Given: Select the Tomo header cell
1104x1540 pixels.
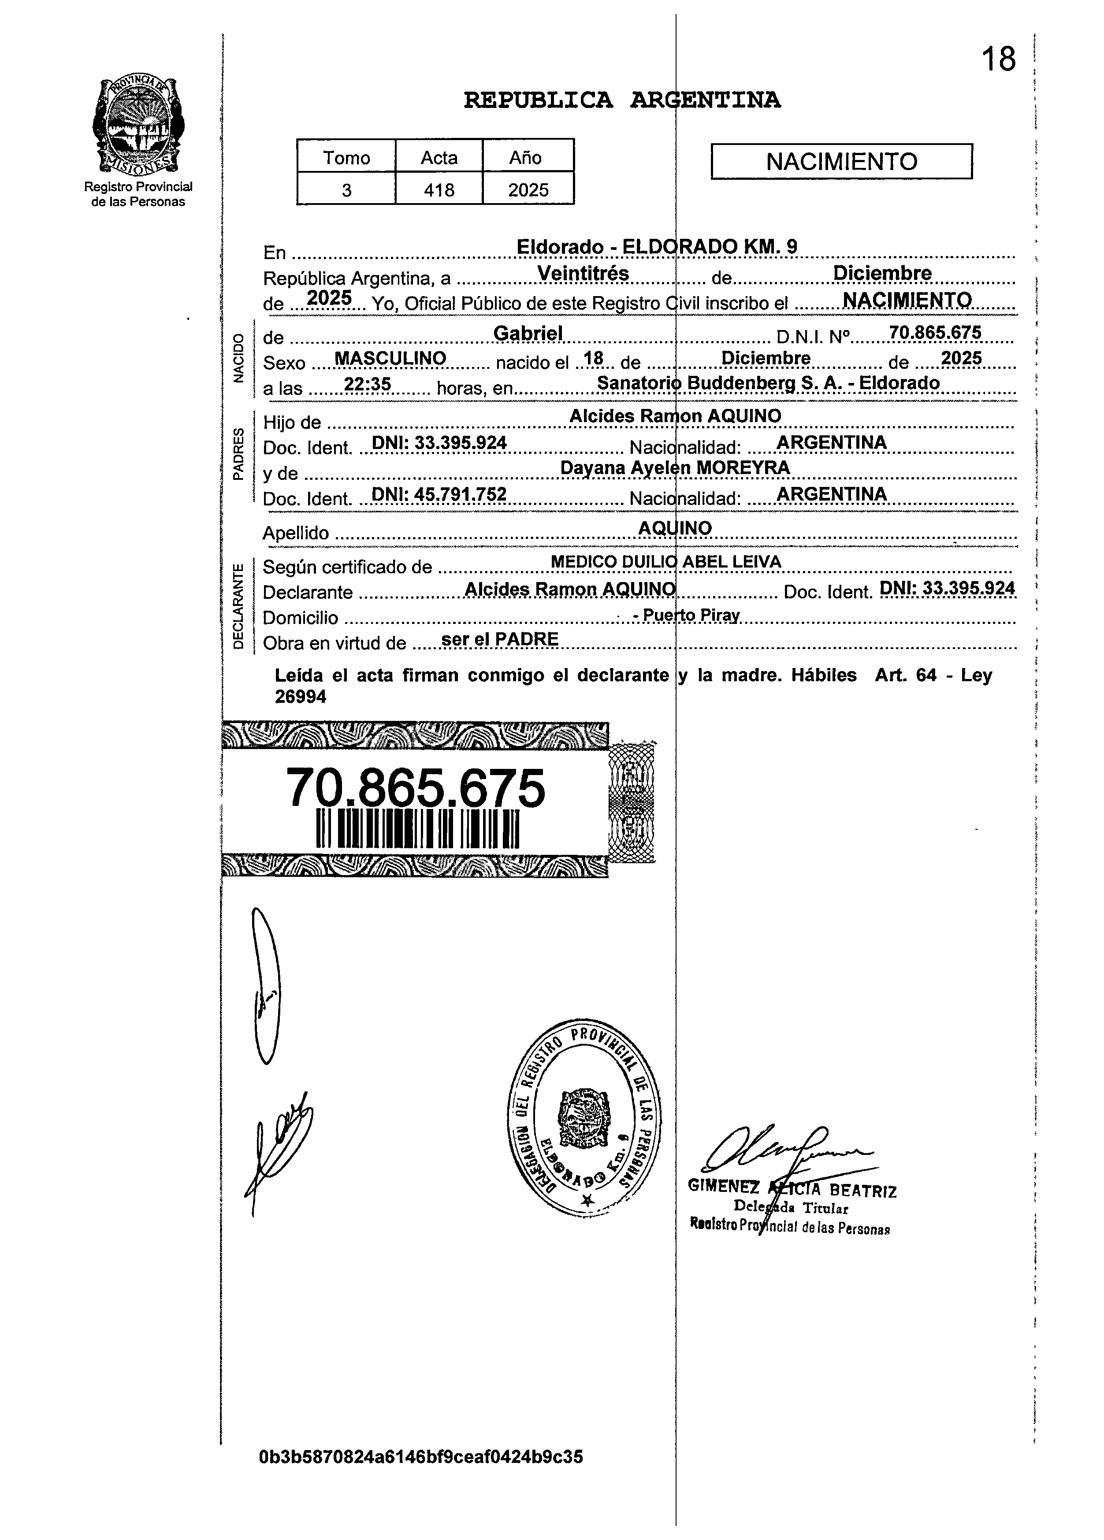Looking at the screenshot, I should (x=346, y=158).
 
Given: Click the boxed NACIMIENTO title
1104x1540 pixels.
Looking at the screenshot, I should (x=841, y=162).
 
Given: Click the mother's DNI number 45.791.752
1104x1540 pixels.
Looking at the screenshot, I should (x=440, y=494).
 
